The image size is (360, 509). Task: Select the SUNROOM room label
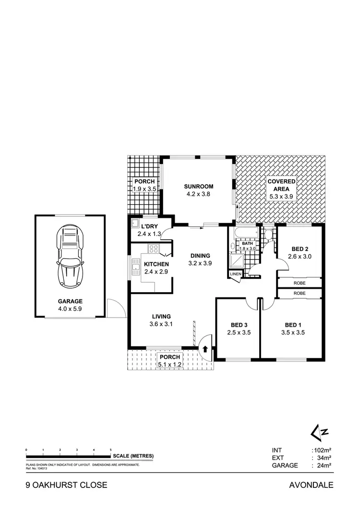(x=198, y=190)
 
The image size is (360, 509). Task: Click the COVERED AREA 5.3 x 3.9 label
(x=281, y=189)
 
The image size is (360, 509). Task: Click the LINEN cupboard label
(x=235, y=274)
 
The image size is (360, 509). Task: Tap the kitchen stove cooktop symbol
(x=154, y=249)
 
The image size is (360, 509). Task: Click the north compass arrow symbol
(x=319, y=432)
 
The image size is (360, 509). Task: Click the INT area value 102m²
(x=324, y=450)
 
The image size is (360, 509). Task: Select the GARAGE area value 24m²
(x=324, y=465)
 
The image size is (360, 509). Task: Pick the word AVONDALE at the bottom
(x=311, y=485)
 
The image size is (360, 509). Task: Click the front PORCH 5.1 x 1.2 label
(x=170, y=361)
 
